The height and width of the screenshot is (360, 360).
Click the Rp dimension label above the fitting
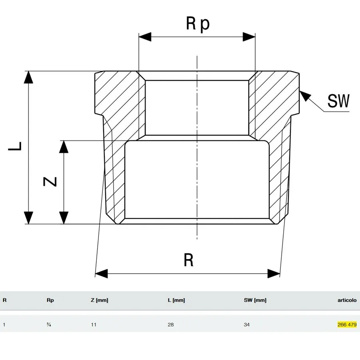click(198, 24)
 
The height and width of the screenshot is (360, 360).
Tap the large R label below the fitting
click(188, 260)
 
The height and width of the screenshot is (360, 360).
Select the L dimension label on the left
click(15, 146)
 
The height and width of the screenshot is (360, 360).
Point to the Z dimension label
click(50, 181)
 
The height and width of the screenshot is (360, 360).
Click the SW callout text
click(338, 101)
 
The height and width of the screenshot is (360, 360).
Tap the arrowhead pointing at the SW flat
click(305, 96)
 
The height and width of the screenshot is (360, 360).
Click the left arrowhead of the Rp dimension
click(145, 37)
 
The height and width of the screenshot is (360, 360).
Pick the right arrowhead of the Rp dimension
click(249, 37)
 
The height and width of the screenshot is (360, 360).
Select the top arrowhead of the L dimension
click(28, 77)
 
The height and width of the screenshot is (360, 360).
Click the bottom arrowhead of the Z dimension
click(64, 218)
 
